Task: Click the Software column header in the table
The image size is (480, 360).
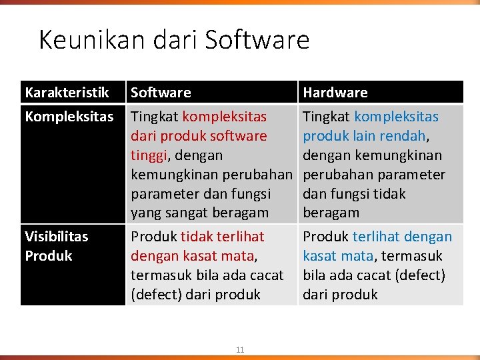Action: point(161,93)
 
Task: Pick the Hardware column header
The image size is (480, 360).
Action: point(335,93)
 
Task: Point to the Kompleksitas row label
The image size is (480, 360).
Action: point(69,117)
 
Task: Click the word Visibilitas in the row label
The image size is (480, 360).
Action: point(56,237)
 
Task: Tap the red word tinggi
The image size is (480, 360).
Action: point(150,155)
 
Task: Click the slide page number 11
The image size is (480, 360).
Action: point(240,349)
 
